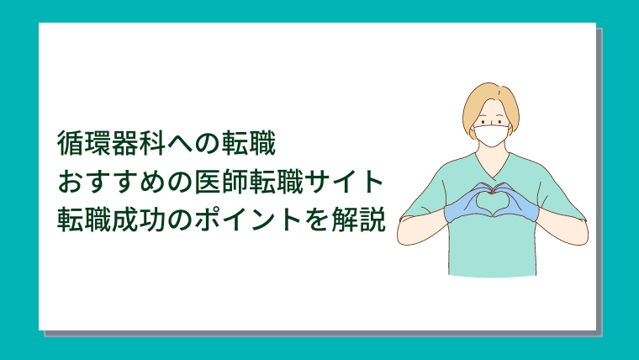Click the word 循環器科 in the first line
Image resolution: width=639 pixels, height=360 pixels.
[111, 144]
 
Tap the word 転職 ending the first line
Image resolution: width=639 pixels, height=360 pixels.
[248, 144]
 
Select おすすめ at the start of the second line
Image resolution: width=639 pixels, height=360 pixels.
[111, 182]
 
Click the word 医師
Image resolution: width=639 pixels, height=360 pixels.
[221, 182]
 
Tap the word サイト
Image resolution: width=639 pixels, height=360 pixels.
[344, 182]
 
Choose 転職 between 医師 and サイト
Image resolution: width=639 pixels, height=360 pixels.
[276, 182]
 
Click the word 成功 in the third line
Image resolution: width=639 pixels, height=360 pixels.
[139, 220]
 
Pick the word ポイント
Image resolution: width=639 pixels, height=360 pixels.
[248, 220]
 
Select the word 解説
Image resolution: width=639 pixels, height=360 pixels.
[358, 220]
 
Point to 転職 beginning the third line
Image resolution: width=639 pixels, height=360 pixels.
[84, 220]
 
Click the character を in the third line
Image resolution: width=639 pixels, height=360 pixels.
[316, 220]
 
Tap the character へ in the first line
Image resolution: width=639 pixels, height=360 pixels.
[180, 145]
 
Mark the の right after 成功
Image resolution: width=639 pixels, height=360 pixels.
[180, 220]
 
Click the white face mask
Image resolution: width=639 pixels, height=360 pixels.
[492, 135]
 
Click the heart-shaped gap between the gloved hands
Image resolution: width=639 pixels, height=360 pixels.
[493, 201]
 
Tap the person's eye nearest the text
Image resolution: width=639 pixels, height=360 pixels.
[483, 122]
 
